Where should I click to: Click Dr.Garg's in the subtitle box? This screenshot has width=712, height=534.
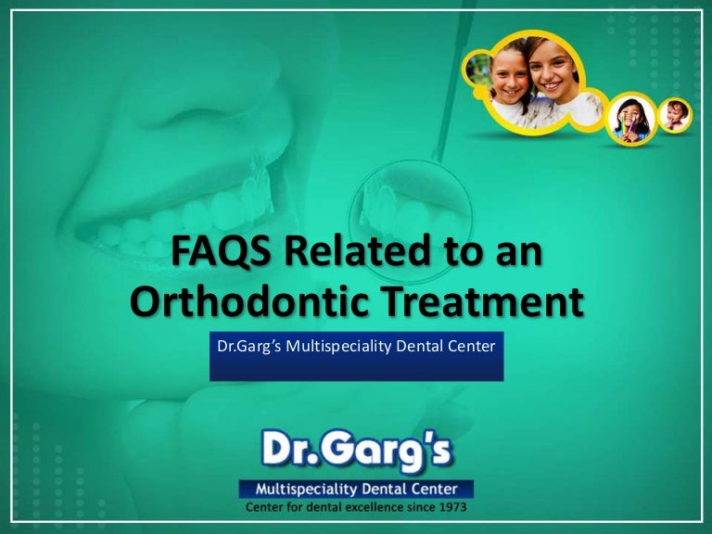(x=248, y=348)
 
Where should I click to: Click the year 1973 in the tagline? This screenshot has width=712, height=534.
(x=449, y=508)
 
